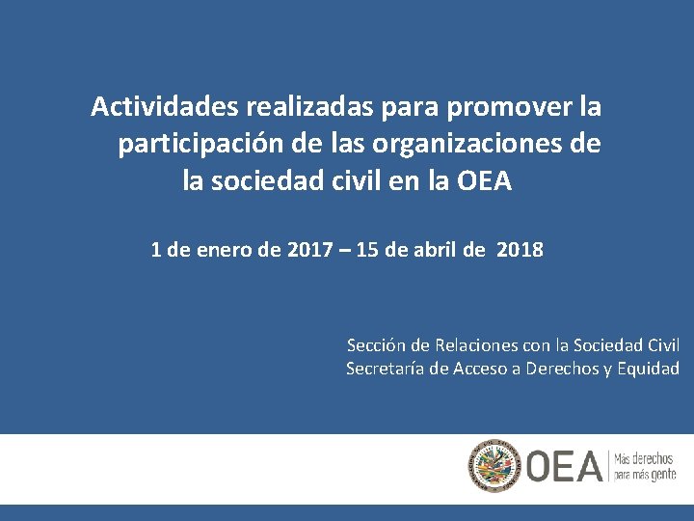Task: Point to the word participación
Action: (200, 145)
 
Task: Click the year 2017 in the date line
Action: (309, 251)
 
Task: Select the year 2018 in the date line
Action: (520, 251)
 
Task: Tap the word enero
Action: (229, 251)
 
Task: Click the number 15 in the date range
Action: (367, 251)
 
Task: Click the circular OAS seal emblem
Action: (494, 467)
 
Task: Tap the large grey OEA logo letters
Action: (563, 467)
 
